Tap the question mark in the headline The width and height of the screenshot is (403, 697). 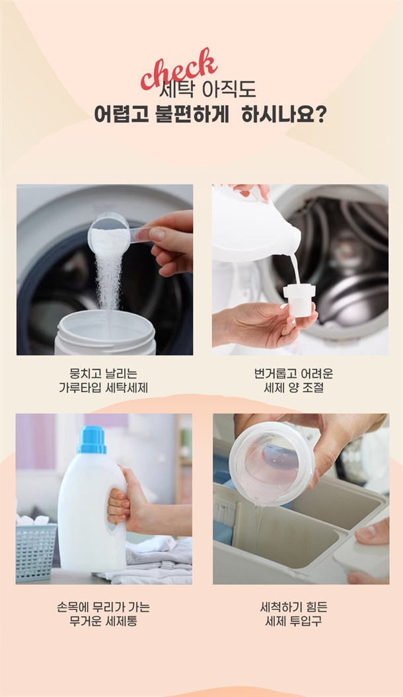(x=320, y=114)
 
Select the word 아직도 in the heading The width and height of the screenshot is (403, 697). (x=229, y=90)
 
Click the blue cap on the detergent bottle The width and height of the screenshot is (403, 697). (x=92, y=439)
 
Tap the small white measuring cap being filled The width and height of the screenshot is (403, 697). (x=299, y=300)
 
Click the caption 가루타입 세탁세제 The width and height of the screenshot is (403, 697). (x=104, y=388)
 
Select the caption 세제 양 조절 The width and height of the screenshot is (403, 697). (x=294, y=388)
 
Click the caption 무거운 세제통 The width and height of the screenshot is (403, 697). (x=104, y=621)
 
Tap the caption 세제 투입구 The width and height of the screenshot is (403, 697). (x=294, y=621)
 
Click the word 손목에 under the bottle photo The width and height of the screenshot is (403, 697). (x=72, y=606)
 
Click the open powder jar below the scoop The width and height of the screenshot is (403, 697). (x=105, y=334)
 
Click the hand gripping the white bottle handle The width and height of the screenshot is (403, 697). (x=129, y=502)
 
